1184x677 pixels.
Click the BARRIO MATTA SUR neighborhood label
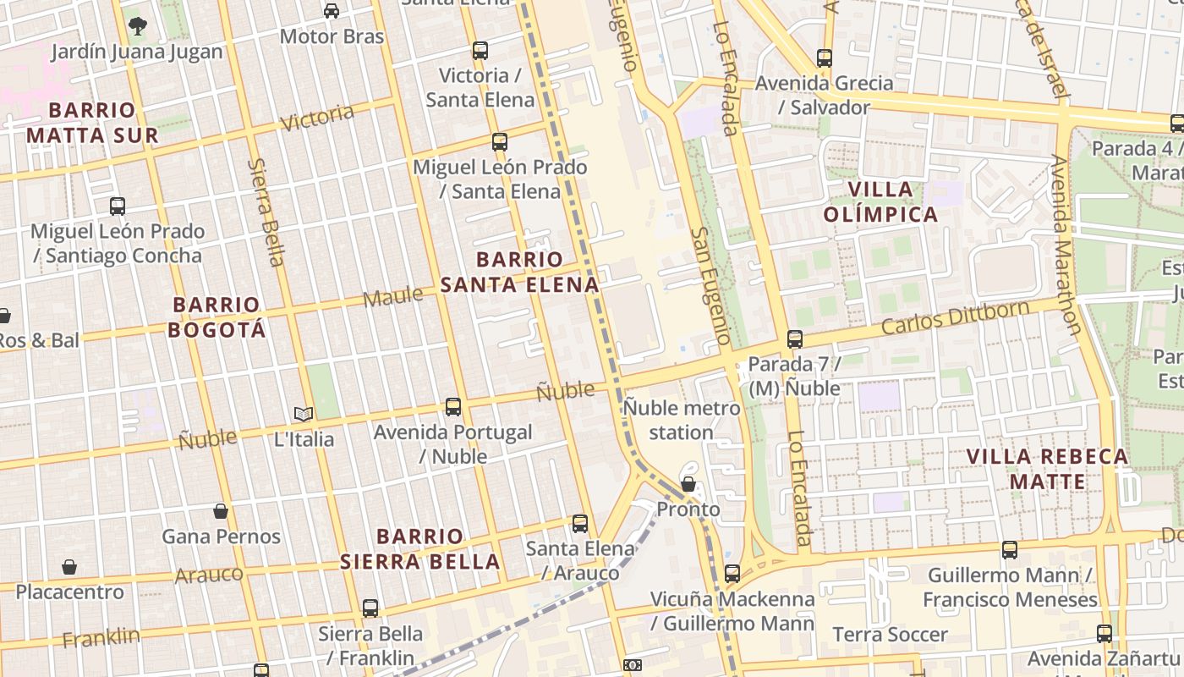click(92, 123)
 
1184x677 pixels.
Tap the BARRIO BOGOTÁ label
click(217, 317)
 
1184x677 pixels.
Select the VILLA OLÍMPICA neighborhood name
click(880, 201)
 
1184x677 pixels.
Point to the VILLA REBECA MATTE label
click(1047, 470)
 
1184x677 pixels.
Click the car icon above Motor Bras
click(332, 11)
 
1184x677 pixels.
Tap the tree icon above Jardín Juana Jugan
click(137, 25)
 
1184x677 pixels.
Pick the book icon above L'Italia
click(304, 414)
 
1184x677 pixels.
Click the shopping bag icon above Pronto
click(688, 485)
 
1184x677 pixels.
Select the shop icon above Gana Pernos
click(221, 511)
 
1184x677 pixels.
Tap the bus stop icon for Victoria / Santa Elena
click(480, 51)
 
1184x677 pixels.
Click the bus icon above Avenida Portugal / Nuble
click(453, 407)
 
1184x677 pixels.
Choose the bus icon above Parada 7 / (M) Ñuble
click(794, 339)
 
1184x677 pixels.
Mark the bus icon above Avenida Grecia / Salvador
click(825, 58)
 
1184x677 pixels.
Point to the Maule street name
click(392, 297)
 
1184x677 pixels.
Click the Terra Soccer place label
click(890, 635)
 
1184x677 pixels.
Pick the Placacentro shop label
click(69, 592)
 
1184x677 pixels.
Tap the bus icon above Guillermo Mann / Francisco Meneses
click(1010, 550)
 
